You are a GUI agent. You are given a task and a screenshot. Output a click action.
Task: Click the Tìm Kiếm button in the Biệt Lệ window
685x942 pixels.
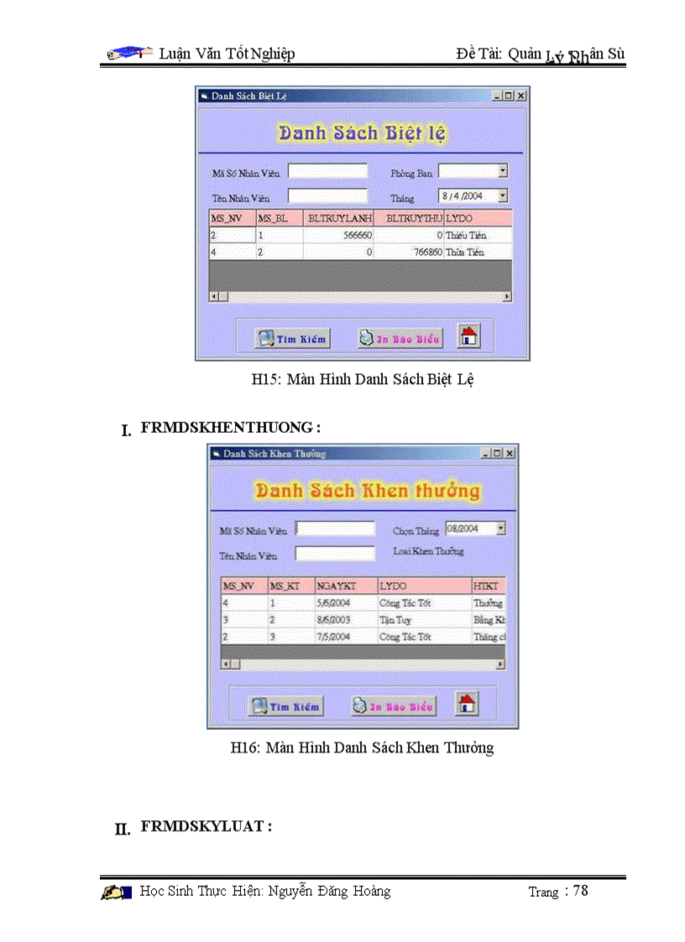[x=292, y=338]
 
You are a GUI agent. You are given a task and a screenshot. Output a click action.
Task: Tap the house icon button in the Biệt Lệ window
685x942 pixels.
[x=469, y=336]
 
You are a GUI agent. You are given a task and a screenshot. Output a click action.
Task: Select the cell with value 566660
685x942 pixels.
[x=339, y=237]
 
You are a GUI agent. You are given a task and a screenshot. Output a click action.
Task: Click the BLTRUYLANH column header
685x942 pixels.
[x=339, y=219]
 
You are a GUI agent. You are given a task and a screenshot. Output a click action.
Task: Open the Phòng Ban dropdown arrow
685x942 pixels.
[x=503, y=171]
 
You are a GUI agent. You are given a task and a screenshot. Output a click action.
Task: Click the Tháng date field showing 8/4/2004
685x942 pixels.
[x=468, y=195]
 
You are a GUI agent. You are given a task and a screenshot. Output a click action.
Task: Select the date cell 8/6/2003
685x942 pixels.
[x=345, y=620]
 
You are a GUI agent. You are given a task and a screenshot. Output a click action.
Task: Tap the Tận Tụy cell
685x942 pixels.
[x=423, y=620]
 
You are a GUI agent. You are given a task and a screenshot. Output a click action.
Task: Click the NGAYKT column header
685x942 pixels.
[x=345, y=585]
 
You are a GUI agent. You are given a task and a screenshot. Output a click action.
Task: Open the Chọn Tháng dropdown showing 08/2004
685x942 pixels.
[x=500, y=528]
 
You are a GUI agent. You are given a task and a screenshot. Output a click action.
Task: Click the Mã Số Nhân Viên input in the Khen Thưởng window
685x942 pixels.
[x=335, y=529]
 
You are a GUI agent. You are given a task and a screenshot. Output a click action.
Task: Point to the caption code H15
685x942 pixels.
[x=266, y=379]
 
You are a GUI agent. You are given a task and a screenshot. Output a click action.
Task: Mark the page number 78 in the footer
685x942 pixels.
[x=580, y=891]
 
